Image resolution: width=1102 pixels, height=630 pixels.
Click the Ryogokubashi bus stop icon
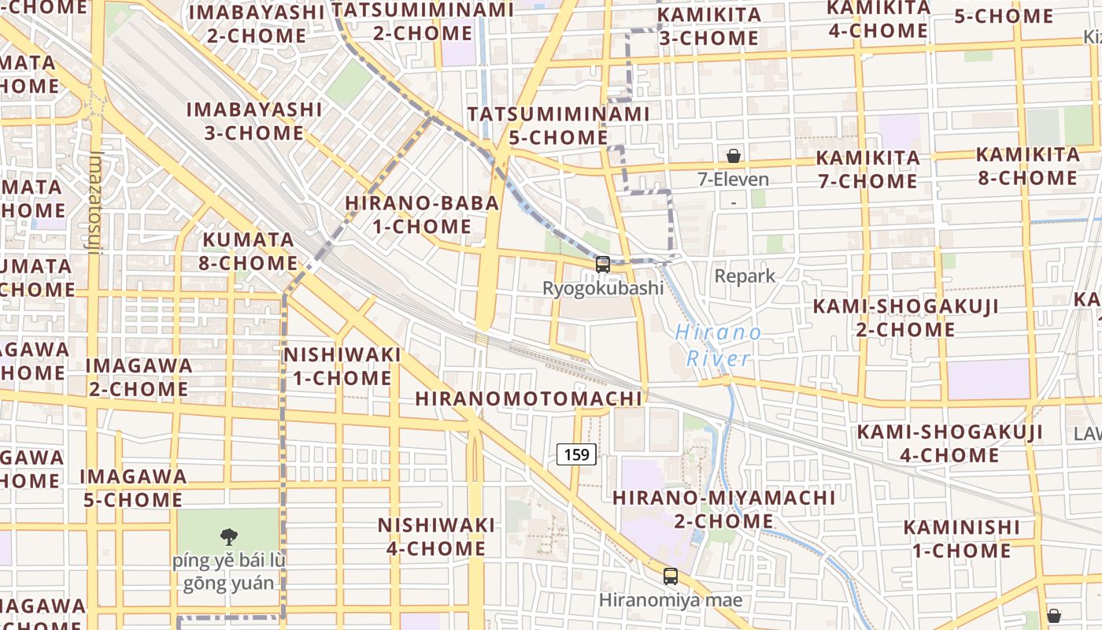tap(603, 265)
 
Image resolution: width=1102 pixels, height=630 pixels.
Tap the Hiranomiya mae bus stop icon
tap(671, 576)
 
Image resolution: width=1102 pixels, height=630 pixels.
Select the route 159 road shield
tap(576, 454)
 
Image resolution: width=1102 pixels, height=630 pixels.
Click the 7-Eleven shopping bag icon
tap(734, 156)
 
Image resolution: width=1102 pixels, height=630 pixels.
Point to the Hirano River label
tap(718, 346)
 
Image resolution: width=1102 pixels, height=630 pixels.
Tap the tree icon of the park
tap(229, 537)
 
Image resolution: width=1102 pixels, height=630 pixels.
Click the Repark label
tap(745, 276)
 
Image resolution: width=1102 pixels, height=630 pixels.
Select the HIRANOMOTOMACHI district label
tap(529, 398)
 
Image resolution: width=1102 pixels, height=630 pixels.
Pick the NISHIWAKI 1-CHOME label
tap(342, 366)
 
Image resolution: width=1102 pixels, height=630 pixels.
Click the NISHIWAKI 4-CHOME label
tap(436, 536)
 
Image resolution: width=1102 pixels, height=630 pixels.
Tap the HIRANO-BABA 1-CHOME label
tap(422, 215)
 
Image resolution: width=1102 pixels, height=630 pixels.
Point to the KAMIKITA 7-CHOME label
tap(867, 169)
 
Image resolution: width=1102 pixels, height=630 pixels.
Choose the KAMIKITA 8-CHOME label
tap(1027, 166)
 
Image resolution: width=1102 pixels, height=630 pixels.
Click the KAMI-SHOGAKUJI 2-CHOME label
tap(905, 317)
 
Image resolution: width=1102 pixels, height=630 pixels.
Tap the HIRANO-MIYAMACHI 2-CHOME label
tap(723, 510)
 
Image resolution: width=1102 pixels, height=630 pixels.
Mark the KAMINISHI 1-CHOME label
tap(961, 539)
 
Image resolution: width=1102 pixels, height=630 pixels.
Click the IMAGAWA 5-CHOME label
tap(133, 488)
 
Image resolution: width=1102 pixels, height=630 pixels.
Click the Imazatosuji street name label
tap(96, 203)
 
